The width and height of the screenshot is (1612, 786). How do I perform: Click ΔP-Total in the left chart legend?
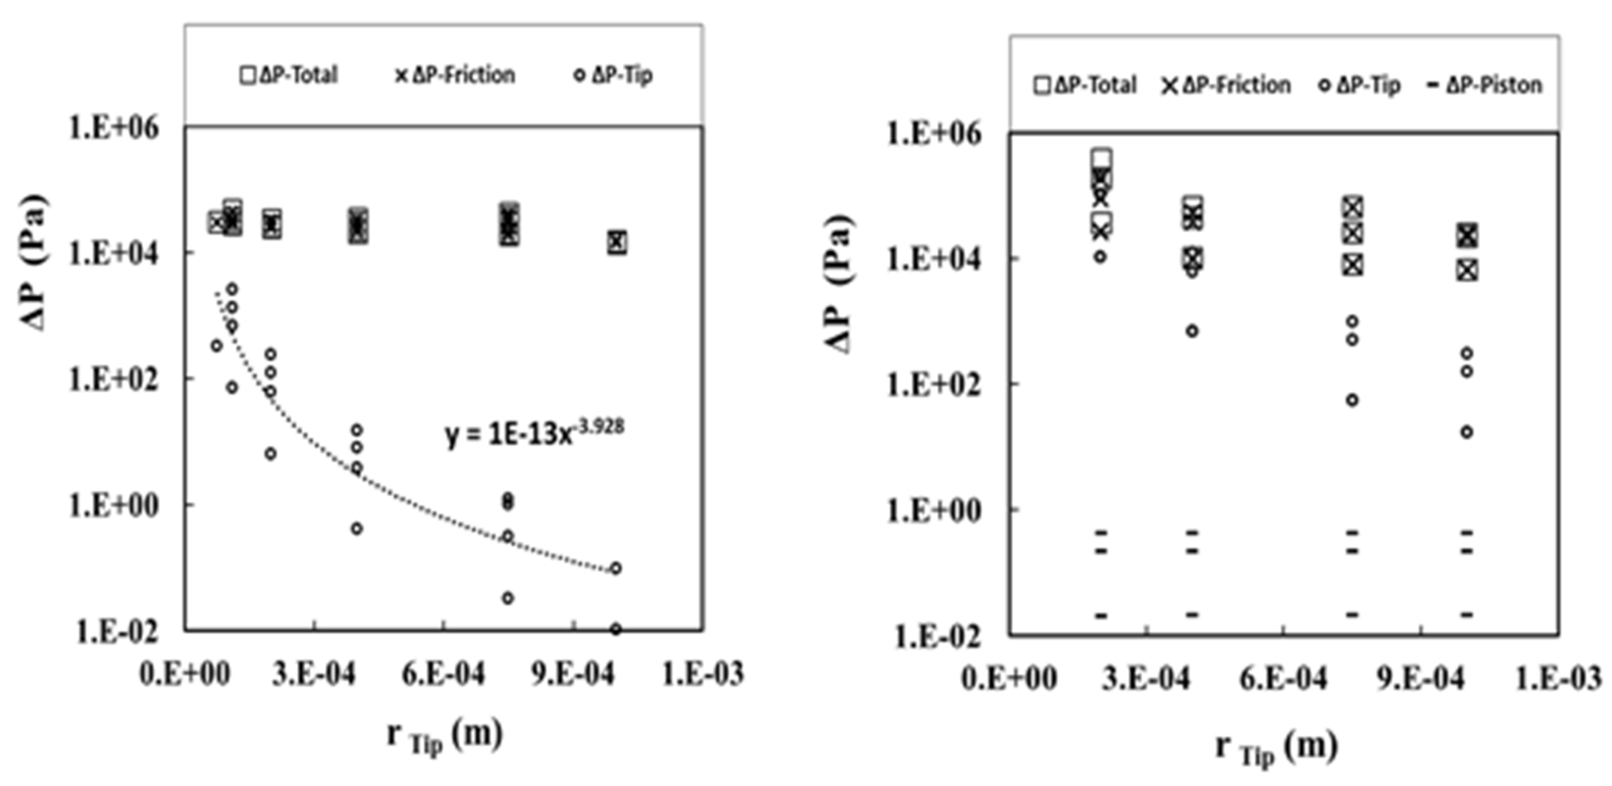pos(289,75)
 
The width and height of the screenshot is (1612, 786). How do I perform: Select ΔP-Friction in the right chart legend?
pos(1226,85)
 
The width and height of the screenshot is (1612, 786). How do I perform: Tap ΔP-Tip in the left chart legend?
pos(613,75)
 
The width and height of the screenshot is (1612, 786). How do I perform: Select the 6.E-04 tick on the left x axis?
pos(443,674)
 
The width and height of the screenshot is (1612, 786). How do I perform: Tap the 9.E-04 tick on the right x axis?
pos(1420,678)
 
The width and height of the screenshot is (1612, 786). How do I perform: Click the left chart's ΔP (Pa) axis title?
pos(34,263)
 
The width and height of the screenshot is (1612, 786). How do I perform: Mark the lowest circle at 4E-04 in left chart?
pos(357,529)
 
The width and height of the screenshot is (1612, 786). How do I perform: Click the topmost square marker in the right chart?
pos(1101,158)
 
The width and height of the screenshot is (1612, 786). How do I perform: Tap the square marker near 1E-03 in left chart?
pos(617,242)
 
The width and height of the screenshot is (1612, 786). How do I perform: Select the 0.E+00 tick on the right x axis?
pos(1009,678)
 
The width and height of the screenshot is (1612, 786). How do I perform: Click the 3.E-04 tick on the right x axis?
pos(1145,678)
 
